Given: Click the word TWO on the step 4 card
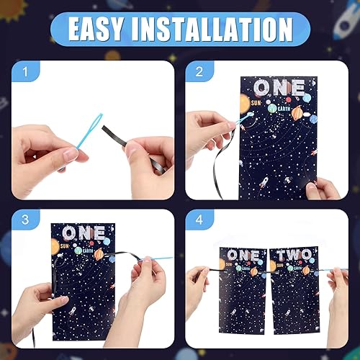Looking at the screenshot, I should pyautogui.click(x=291, y=256).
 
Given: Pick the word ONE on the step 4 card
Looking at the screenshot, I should pyautogui.click(x=243, y=256).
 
